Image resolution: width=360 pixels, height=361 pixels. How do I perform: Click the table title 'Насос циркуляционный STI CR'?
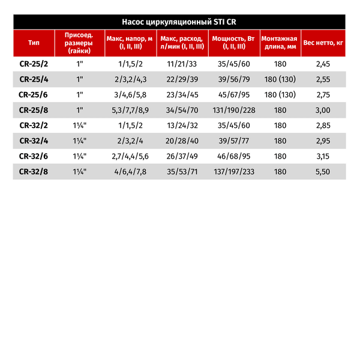[179, 22]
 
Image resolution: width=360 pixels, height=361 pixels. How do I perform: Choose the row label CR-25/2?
[34, 63]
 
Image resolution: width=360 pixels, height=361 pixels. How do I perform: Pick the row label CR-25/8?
[34, 110]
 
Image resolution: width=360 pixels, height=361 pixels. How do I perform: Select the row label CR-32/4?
[34, 141]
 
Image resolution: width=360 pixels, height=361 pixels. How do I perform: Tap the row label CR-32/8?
[34, 172]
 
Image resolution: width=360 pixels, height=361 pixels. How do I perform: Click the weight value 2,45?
[323, 63]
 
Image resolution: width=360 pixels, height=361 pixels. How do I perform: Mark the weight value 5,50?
[323, 172]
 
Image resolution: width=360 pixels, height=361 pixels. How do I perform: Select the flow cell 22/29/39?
[182, 79]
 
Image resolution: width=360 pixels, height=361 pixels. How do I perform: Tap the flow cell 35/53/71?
[182, 172]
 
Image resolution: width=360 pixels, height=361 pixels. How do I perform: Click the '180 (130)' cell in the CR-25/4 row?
[280, 79]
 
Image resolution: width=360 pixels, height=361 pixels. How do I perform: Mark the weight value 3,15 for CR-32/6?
[323, 157]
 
